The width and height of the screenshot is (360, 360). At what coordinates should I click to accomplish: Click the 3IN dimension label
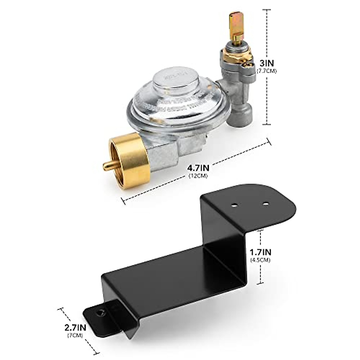[x=266, y=63]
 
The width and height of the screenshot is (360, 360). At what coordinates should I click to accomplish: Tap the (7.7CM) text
[x=266, y=71]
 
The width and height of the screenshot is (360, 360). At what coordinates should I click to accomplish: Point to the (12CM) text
[x=198, y=176]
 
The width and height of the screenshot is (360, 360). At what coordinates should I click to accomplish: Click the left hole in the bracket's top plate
[x=234, y=205]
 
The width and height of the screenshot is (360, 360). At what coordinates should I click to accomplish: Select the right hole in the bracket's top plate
[x=265, y=204]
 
